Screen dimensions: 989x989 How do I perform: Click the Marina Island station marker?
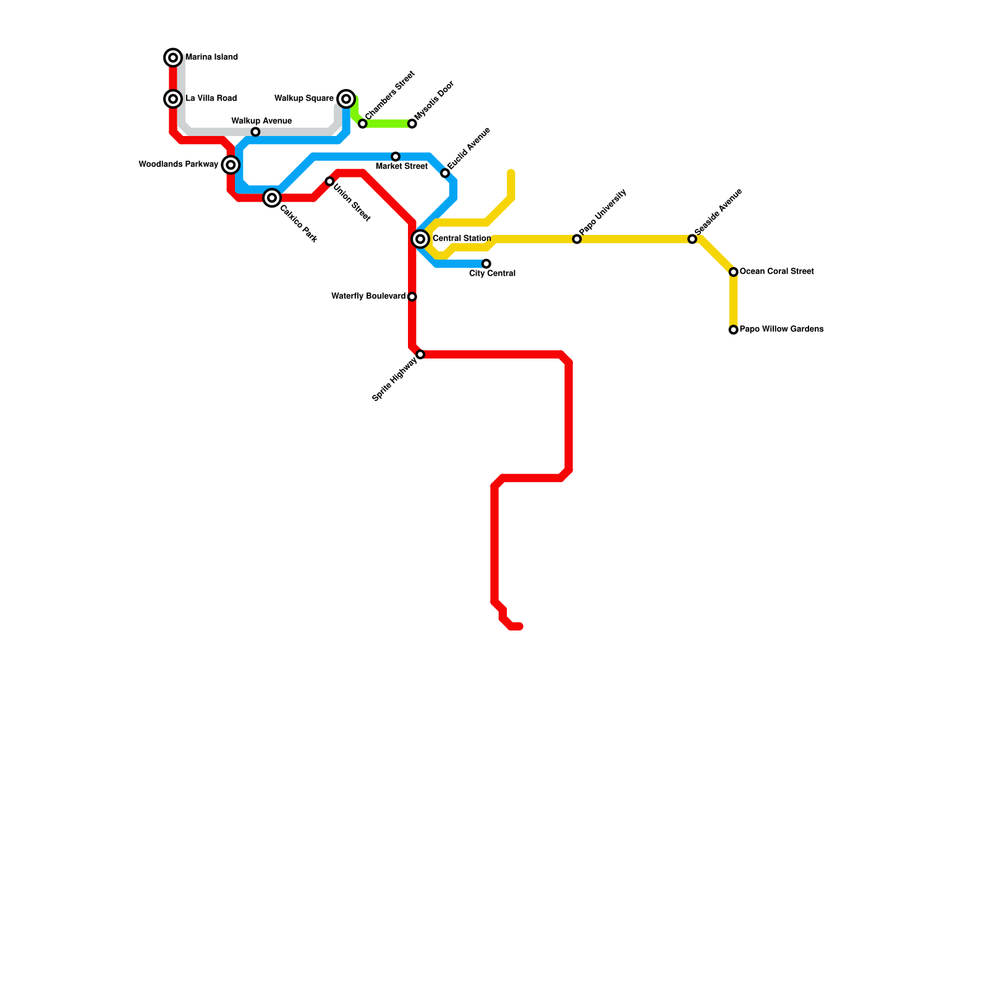pos(174,57)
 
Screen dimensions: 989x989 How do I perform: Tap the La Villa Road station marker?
pos(174,99)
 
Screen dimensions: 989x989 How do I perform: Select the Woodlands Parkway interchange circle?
pos(231,164)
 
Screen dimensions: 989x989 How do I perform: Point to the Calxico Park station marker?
pos(272,198)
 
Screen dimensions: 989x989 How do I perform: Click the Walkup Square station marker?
pos(347,99)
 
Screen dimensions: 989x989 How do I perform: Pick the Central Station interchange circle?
pos(420,239)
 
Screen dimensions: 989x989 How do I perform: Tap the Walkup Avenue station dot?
pos(255,132)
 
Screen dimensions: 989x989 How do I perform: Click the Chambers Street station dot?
pos(363,124)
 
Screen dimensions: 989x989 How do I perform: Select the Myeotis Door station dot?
pos(412,124)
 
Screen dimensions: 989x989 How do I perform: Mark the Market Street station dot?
pos(396,156)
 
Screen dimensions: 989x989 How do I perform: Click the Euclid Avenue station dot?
pos(445,173)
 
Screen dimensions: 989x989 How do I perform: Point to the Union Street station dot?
pos(329,181)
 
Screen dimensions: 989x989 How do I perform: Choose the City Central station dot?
pos(486,264)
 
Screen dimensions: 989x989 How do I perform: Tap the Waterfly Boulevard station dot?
pos(412,297)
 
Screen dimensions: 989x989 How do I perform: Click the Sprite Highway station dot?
pos(420,354)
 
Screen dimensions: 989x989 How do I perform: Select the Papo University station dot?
pos(577,239)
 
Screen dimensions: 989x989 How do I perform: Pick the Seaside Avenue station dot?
pos(692,239)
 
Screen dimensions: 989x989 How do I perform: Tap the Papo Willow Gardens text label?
pos(781,329)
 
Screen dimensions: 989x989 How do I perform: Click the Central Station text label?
pos(461,239)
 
